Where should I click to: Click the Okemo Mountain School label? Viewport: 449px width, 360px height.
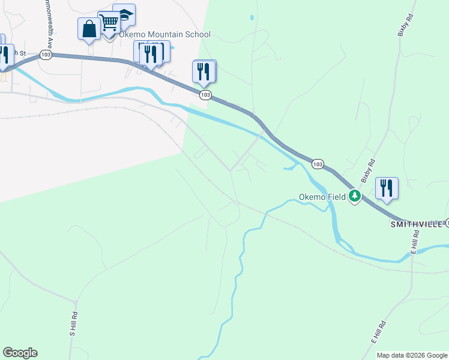tap(164, 34)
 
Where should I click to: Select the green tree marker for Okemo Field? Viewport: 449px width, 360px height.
tap(355, 196)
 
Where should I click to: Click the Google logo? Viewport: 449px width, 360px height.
tap(20, 353)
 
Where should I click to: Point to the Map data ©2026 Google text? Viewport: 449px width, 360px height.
tap(412, 355)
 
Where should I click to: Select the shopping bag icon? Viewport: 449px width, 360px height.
tap(89, 29)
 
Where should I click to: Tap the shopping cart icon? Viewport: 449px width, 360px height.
tap(109, 23)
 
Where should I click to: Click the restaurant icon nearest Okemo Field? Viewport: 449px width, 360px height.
tap(387, 188)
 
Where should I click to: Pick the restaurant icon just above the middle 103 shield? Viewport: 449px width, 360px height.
tap(203, 71)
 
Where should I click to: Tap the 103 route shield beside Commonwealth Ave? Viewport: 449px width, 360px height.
tap(46, 55)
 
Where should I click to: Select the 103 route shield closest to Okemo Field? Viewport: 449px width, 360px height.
tap(318, 164)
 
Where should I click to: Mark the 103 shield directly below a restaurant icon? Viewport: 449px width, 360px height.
tap(205, 95)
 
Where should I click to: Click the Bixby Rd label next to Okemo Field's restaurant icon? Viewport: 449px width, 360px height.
tap(368, 170)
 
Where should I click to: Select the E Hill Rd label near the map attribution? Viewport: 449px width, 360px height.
tap(378, 331)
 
